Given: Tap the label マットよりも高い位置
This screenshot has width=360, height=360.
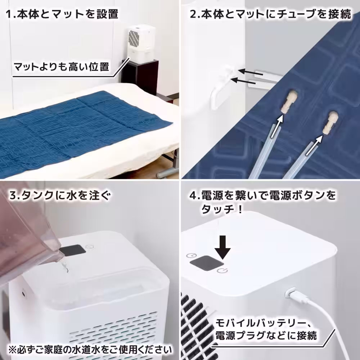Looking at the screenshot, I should coord(61,67).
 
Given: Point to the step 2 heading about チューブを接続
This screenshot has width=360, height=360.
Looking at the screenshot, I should coord(270,15).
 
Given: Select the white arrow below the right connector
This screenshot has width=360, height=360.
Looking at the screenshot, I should coord(314,145).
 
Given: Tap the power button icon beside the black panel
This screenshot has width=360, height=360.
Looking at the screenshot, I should coord(221,270).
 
